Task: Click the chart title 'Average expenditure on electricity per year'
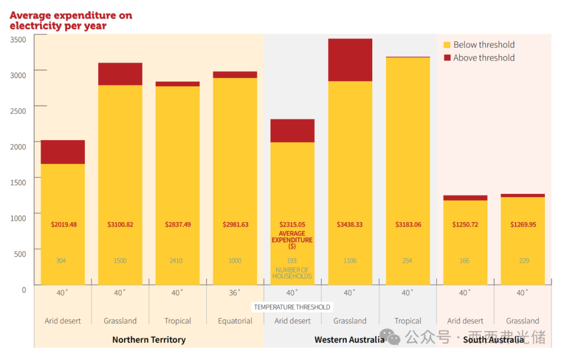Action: [x=70, y=20]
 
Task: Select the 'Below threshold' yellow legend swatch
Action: [x=447, y=45]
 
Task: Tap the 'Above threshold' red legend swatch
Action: [x=447, y=58]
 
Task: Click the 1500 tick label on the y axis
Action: [x=18, y=182]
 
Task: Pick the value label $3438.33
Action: [x=350, y=225]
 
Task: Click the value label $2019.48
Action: [x=64, y=225]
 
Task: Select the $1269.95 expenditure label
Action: [x=523, y=225]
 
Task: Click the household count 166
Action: [x=464, y=260]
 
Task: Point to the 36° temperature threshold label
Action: [x=235, y=293]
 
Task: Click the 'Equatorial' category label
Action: [x=235, y=321]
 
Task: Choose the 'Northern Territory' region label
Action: [x=149, y=340]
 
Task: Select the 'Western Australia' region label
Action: [x=349, y=340]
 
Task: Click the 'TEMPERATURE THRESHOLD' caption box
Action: [x=292, y=307]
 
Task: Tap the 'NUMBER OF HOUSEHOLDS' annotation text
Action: [x=292, y=273]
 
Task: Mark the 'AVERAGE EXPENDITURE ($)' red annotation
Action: [x=292, y=240]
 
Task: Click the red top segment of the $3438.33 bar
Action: [x=350, y=60]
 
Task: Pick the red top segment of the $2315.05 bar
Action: [x=292, y=131]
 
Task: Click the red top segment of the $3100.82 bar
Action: [x=120, y=74]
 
